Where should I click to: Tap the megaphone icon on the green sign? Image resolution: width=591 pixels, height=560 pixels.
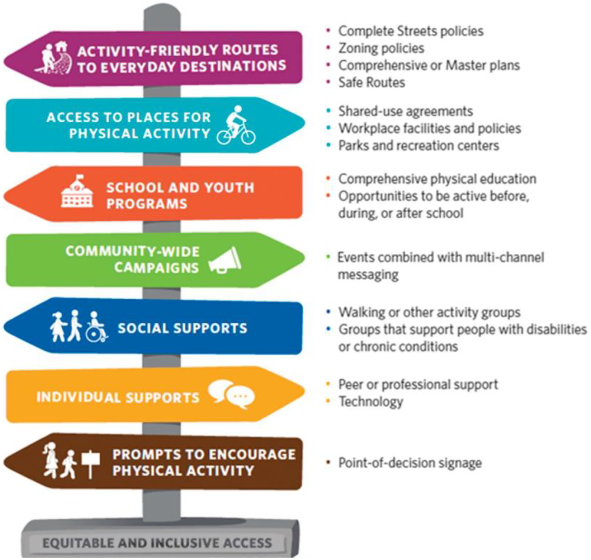(x=225, y=260)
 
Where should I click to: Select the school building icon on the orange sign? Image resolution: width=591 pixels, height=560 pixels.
(x=77, y=191)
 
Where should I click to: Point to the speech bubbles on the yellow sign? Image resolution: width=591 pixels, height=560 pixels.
(x=231, y=394)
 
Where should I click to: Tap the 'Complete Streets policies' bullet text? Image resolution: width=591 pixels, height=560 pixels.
(x=411, y=31)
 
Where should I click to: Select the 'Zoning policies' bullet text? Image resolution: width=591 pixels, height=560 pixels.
(x=381, y=48)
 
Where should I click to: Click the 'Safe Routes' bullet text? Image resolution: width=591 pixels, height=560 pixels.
(x=372, y=83)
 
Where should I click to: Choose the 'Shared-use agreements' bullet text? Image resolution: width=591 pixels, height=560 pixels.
(x=406, y=112)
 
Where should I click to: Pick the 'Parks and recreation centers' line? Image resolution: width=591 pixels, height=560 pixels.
(x=419, y=146)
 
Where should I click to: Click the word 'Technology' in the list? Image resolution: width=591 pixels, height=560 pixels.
(x=371, y=402)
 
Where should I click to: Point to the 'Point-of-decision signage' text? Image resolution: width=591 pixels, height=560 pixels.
(x=410, y=463)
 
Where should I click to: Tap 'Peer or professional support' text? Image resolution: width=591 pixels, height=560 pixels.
(x=418, y=385)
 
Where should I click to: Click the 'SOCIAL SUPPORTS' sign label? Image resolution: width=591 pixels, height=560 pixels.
(x=183, y=328)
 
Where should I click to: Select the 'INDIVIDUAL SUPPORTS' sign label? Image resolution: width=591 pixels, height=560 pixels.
(x=118, y=397)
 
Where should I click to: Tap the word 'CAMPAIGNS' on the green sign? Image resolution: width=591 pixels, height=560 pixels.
(x=157, y=268)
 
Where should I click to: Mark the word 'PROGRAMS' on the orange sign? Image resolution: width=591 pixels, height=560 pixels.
(x=147, y=204)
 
